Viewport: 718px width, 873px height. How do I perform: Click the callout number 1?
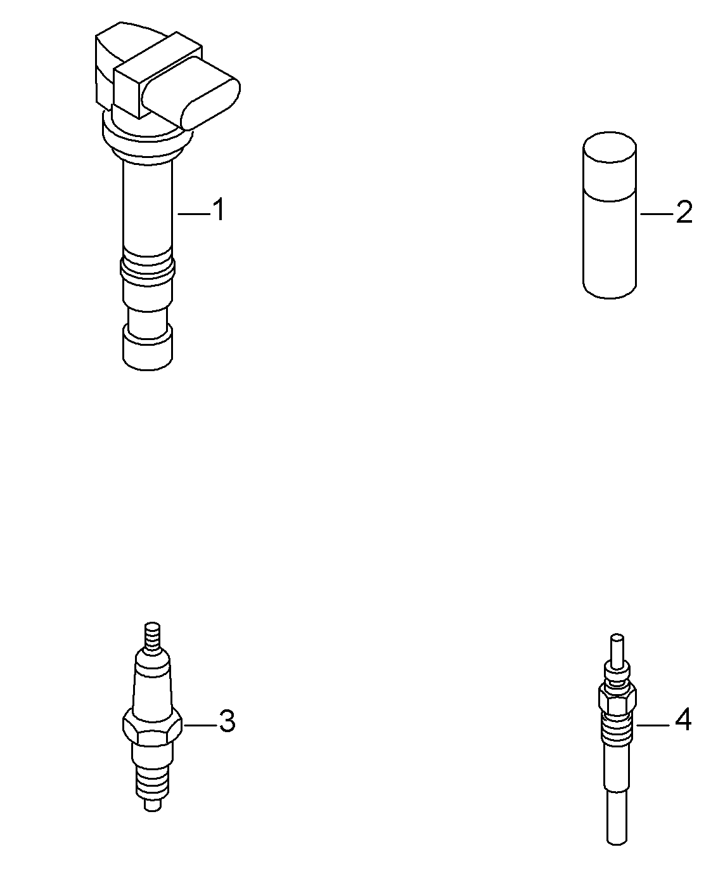[x=219, y=210]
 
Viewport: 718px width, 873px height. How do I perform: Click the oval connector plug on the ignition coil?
[x=191, y=93]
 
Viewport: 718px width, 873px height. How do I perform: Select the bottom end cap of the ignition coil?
[x=148, y=347]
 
